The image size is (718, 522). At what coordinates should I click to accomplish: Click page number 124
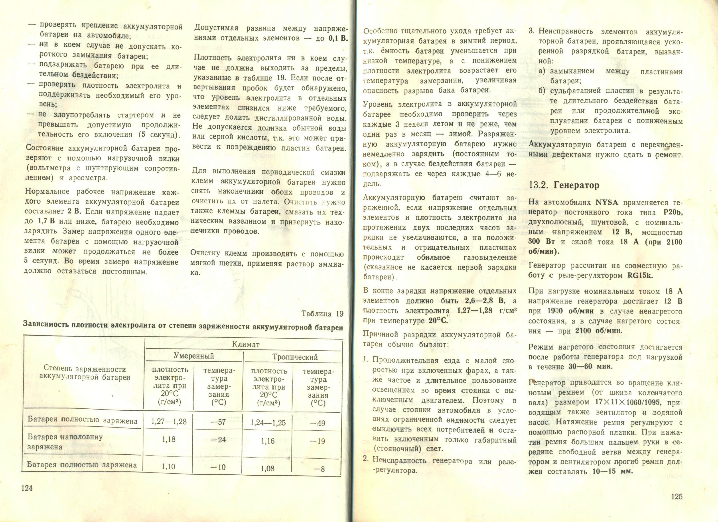point(27,488)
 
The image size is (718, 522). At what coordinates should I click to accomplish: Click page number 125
point(677,497)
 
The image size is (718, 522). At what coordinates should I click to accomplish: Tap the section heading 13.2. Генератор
point(564,185)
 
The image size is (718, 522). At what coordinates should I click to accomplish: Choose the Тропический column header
point(295,357)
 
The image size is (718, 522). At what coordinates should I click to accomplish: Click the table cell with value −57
point(219,422)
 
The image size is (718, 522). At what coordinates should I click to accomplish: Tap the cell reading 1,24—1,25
point(268,423)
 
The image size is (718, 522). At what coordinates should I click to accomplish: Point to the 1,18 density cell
point(168,439)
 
